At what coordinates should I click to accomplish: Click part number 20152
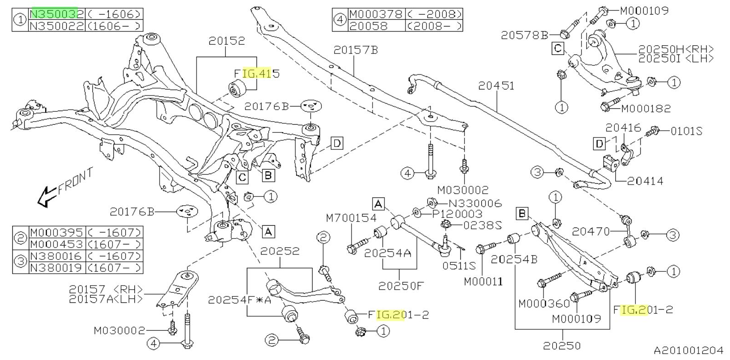pos(226,41)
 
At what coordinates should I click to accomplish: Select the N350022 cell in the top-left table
pos(56,26)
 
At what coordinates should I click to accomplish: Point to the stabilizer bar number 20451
pos(496,86)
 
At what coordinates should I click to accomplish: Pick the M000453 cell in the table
pos(56,244)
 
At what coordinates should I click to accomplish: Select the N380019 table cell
pos(56,268)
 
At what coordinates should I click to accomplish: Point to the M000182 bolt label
pos(645,108)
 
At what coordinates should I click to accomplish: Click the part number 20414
pos(645,181)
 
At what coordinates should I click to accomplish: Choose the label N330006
pos(474,204)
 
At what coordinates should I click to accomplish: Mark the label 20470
pos(591,232)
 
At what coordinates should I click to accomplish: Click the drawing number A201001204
pos(688,350)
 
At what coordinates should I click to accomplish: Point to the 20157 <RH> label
pos(106,289)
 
